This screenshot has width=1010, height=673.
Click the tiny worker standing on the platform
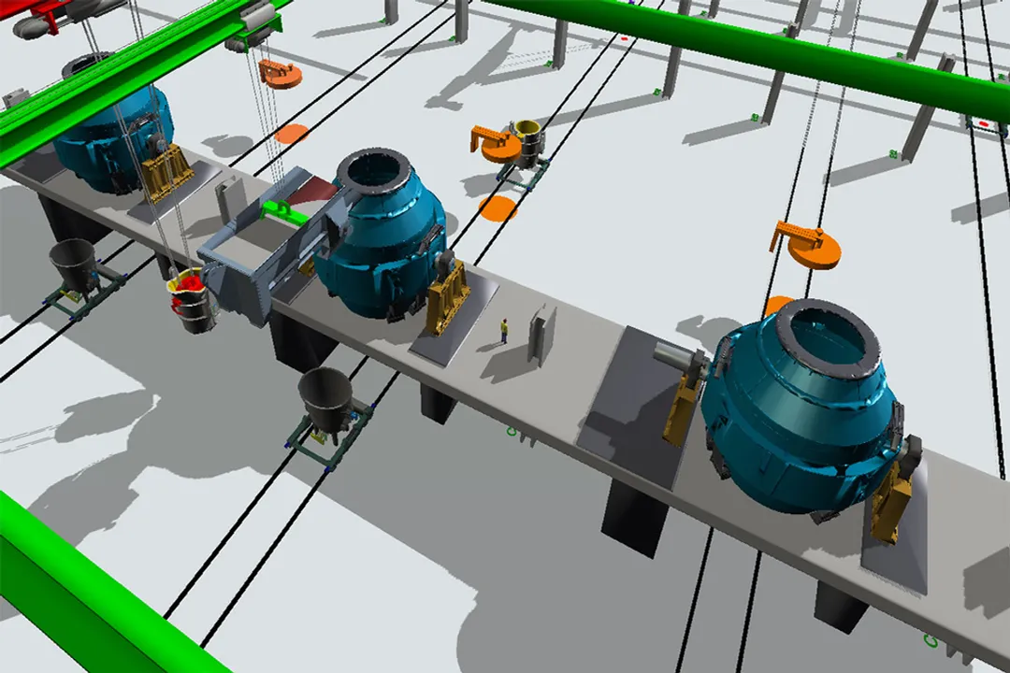pyautogui.click(x=504, y=331)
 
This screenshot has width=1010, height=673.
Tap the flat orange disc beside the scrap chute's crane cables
pyautogui.click(x=292, y=134)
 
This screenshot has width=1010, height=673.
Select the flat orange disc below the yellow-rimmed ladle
pyautogui.click(x=498, y=208)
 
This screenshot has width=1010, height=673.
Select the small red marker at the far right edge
pyautogui.click(x=984, y=123)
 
